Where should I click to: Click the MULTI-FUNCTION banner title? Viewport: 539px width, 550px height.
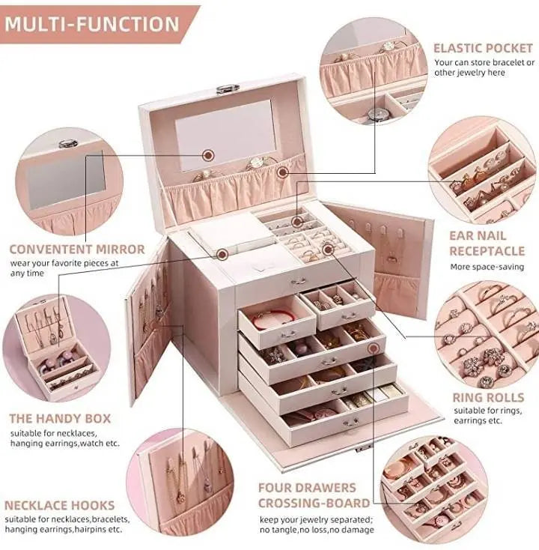(x=93, y=22)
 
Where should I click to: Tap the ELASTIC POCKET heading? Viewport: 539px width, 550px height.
(x=484, y=48)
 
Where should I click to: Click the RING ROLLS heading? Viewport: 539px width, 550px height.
(x=487, y=397)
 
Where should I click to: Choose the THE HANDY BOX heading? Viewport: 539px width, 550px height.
(x=60, y=418)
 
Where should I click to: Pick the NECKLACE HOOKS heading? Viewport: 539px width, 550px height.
(x=60, y=505)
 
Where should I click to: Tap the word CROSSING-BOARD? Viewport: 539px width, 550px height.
(x=314, y=503)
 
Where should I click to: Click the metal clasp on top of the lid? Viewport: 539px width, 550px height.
(x=228, y=89)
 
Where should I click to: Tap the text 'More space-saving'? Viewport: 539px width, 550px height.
(x=487, y=267)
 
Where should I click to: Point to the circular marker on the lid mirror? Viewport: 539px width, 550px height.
(x=209, y=155)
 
